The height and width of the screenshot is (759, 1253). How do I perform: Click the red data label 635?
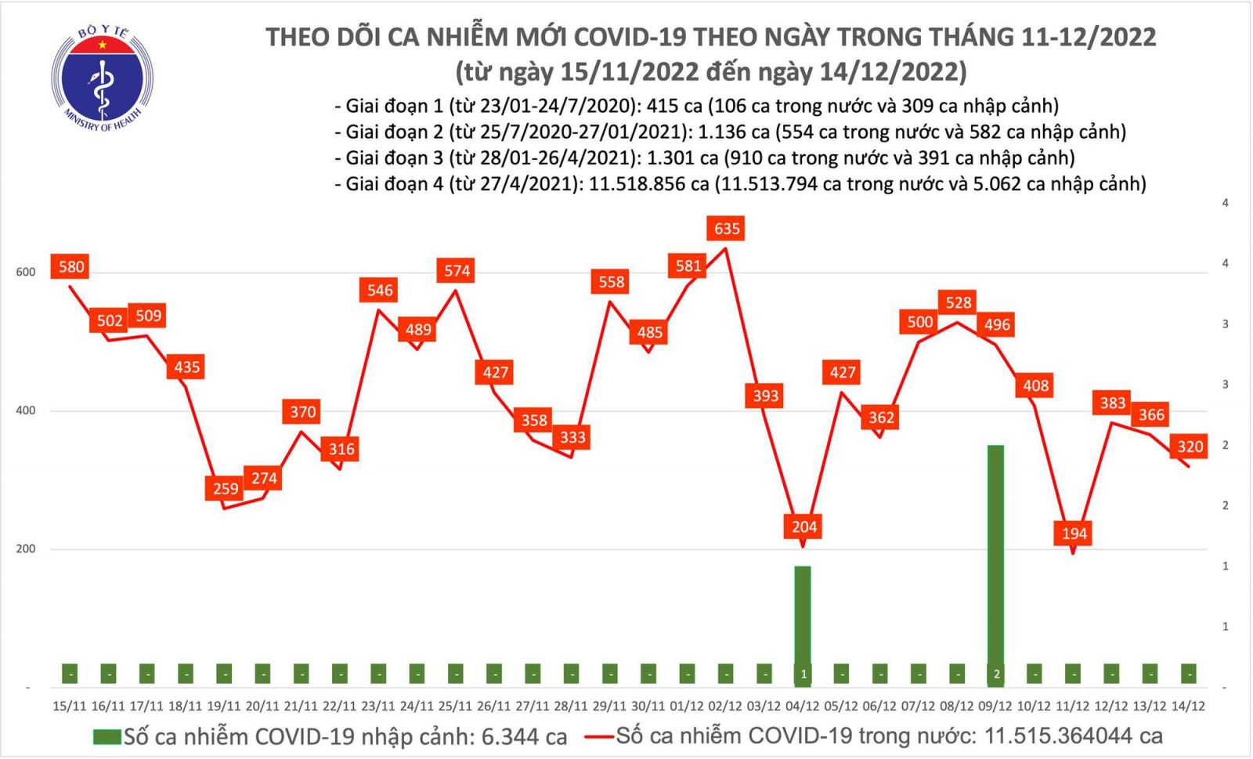(727, 229)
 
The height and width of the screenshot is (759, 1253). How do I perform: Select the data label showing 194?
(1074, 533)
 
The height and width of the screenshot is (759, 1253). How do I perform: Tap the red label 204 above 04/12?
(804, 526)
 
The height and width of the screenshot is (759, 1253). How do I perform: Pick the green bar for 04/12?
(803, 619)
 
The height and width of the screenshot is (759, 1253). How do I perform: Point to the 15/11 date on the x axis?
(70, 706)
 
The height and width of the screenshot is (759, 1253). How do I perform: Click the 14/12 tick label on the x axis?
(1188, 706)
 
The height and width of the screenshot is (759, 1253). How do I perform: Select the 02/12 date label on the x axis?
(724, 706)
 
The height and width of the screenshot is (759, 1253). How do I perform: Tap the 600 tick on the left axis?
(26, 272)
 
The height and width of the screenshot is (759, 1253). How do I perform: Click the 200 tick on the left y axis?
(26, 548)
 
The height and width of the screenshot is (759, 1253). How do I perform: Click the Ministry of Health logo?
(102, 78)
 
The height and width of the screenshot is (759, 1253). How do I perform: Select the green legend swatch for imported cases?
(107, 737)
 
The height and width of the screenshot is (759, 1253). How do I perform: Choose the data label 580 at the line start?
(71, 266)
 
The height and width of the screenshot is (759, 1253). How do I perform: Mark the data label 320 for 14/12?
(1190, 446)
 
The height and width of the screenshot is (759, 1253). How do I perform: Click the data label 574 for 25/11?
(457, 271)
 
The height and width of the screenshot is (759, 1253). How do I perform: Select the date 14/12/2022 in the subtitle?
(890, 72)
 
